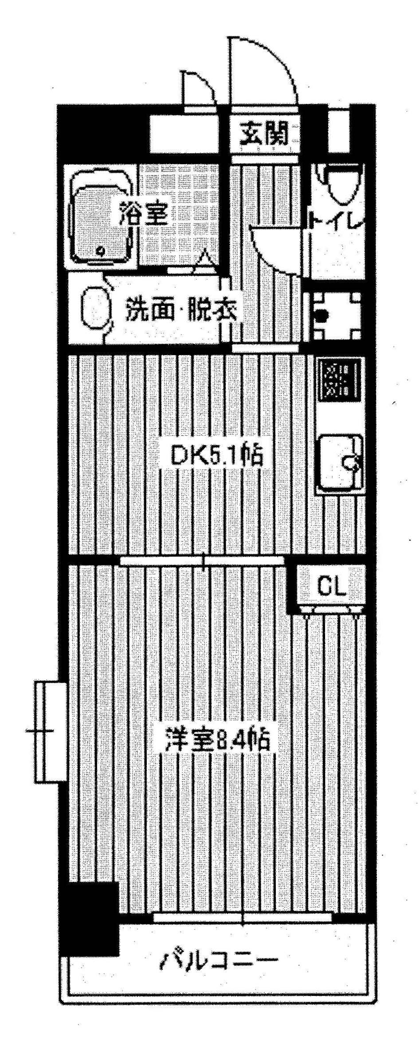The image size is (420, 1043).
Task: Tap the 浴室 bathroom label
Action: coord(142,213)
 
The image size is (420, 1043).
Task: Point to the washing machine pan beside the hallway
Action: coord(337,315)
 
